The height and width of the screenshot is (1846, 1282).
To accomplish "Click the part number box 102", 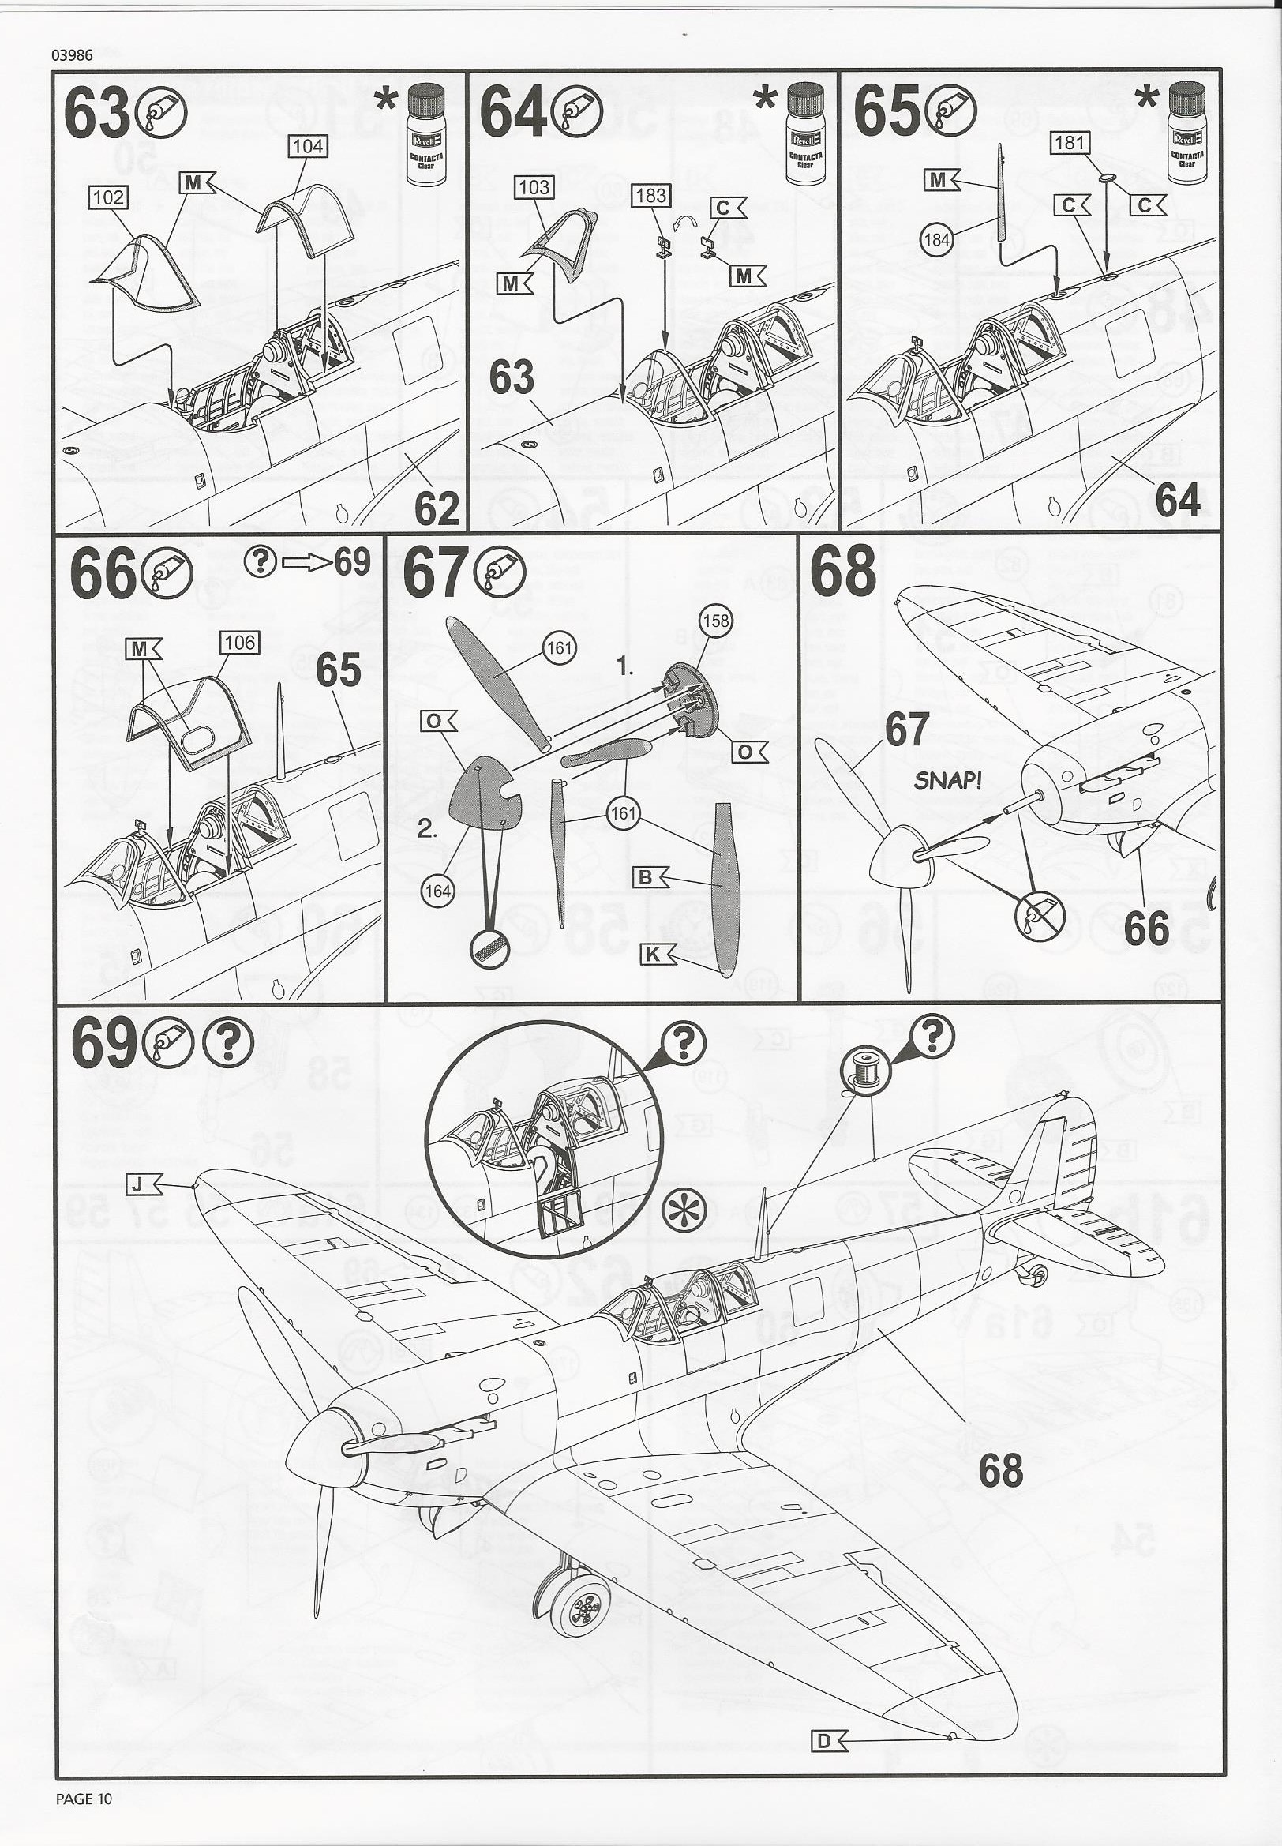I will (x=109, y=197).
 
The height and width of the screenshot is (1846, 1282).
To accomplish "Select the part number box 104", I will (x=308, y=145).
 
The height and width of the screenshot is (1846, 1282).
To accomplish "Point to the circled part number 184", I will (x=937, y=239).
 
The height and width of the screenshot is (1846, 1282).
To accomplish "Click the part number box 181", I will (x=1069, y=143).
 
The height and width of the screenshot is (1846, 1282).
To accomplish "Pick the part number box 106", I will (x=239, y=642).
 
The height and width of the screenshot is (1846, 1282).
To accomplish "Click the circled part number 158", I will (x=715, y=621).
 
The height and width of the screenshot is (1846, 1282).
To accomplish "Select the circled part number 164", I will (x=438, y=890).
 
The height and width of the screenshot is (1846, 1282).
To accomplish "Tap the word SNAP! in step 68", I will (x=948, y=780).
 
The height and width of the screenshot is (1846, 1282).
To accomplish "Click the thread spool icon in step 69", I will (x=858, y=1071).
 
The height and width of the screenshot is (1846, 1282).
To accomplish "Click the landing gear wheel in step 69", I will (x=584, y=1587).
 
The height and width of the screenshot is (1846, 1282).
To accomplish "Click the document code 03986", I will (x=72, y=55).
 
